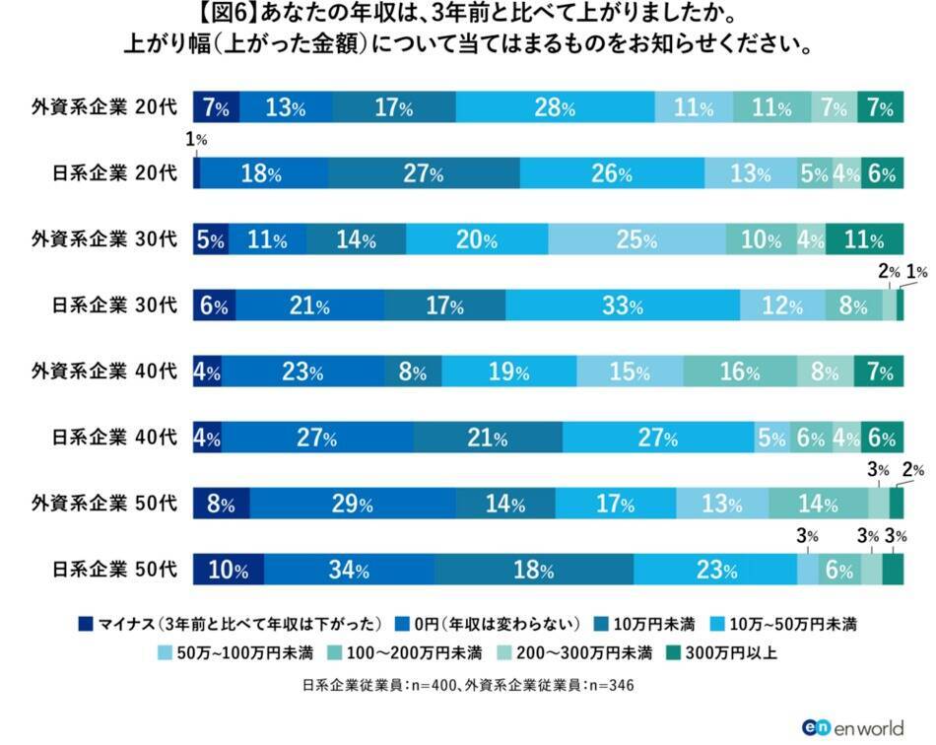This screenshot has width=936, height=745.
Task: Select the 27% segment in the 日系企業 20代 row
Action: point(424,174)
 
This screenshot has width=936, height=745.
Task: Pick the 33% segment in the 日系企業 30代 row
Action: point(623,306)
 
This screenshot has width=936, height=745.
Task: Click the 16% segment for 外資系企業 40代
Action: point(739,372)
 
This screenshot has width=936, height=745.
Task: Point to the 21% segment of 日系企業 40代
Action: point(487,439)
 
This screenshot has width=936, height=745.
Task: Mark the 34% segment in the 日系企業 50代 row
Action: point(349,571)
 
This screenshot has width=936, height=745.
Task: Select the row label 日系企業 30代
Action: point(114,306)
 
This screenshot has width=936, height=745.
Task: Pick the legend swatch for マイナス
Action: point(85,623)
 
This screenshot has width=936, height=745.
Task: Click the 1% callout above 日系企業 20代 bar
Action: point(200,141)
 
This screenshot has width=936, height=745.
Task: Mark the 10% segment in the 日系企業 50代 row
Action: point(228,571)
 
